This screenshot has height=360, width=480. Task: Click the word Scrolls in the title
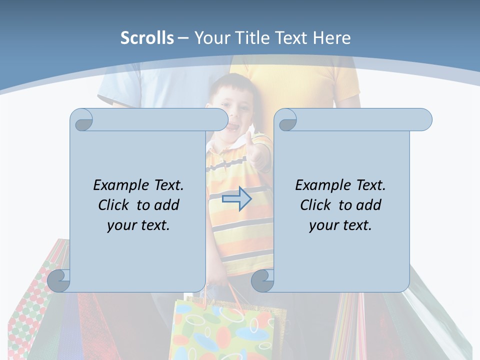tap(147, 38)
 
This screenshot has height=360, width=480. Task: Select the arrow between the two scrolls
tap(236, 199)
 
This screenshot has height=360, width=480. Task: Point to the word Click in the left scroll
tap(116, 205)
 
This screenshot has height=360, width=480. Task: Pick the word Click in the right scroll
tap(318, 205)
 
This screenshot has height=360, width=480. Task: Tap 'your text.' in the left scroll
tap(138, 225)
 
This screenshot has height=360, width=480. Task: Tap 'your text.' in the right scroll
tap(340, 225)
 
